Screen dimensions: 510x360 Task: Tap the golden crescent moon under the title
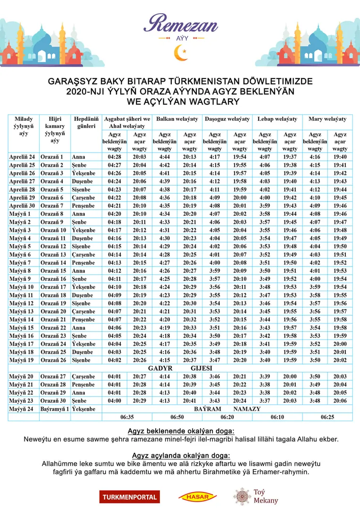[181, 52]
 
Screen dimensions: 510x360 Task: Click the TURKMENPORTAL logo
[129, 496]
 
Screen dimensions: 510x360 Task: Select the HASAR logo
[197, 497]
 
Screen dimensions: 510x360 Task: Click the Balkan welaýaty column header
[177, 119]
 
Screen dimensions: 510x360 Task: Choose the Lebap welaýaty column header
[277, 119]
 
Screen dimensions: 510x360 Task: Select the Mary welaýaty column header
[327, 119]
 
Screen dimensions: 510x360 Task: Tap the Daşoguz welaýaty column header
[227, 119]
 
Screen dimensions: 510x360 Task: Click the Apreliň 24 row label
[22, 157]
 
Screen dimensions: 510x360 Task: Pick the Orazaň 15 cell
[53, 271]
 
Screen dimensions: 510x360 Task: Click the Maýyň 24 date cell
[21, 409]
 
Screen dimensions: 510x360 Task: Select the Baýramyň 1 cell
[55, 409]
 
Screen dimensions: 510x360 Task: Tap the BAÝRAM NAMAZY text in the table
[227, 409]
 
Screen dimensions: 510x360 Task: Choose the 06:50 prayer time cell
[177, 417]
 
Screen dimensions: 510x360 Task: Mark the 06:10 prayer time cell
[277, 417]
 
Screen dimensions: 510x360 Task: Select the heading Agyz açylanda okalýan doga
[181, 456]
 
